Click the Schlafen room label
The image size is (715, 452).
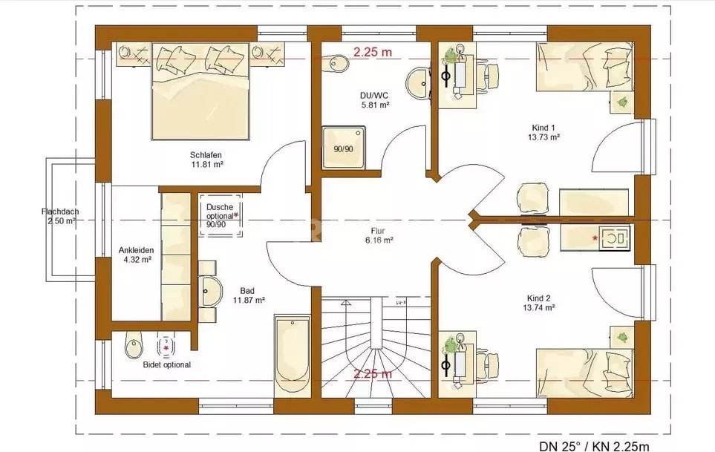click(x=206, y=155)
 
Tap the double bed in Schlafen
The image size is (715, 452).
click(x=200, y=91)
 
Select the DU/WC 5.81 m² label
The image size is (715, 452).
click(x=375, y=100)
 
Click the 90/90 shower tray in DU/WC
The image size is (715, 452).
click(x=344, y=147)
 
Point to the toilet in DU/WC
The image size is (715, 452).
click(x=337, y=63)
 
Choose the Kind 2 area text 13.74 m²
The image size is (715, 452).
click(x=539, y=307)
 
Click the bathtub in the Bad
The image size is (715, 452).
click(x=293, y=353)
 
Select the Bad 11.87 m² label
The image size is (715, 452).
click(x=249, y=295)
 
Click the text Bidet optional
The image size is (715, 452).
click(x=167, y=364)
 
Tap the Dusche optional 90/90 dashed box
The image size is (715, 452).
click(x=221, y=215)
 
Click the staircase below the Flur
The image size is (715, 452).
click(x=376, y=347)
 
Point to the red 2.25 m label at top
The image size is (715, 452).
click(x=373, y=52)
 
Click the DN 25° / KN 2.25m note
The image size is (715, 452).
click(x=594, y=445)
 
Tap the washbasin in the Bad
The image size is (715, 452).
click(x=210, y=291)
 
